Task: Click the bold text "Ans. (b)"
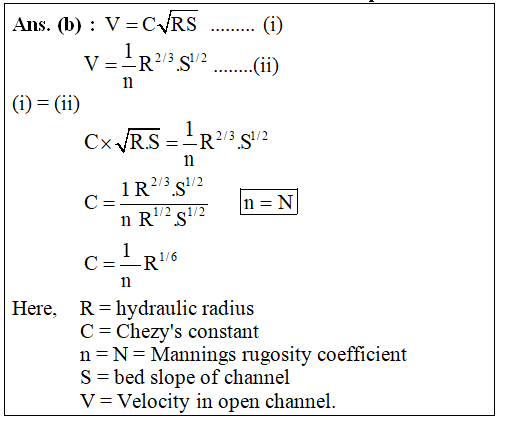click(47, 25)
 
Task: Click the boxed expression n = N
click(269, 202)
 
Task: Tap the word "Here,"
click(34, 308)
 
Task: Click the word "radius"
click(228, 308)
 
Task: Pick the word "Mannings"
click(194, 355)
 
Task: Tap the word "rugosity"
click(277, 355)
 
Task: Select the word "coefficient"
click(362, 354)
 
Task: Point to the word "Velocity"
click(154, 401)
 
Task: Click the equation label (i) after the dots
click(273, 25)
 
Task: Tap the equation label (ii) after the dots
click(266, 66)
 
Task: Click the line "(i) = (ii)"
click(46, 104)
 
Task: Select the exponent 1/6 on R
click(168, 257)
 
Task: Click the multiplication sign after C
click(106, 143)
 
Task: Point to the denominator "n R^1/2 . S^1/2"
click(163, 219)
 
